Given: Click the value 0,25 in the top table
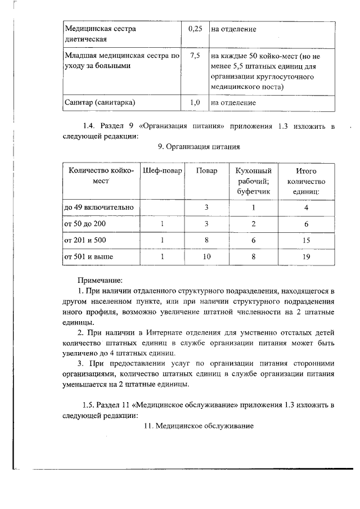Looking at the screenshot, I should (x=195, y=29).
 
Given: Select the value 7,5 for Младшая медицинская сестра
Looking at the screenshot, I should (x=195, y=56).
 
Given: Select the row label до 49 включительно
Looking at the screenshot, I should (x=99, y=208).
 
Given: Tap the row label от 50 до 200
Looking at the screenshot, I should (x=85, y=224).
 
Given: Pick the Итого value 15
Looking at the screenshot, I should (x=305, y=240).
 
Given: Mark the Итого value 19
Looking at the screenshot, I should (x=305, y=256).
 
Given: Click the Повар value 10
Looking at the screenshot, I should (x=206, y=256).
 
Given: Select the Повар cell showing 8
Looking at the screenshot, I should (x=206, y=240).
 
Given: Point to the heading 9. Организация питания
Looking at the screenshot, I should (x=199, y=147).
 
